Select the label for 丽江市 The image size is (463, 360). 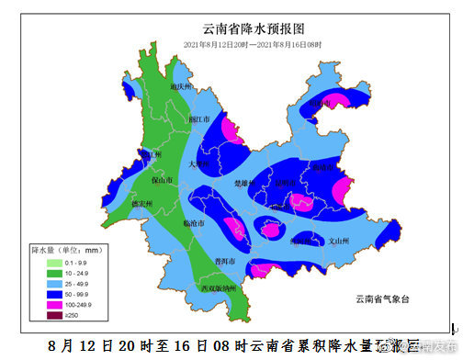click(199, 119)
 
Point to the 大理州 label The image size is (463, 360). click(199, 164)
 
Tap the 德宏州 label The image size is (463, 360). click(140, 203)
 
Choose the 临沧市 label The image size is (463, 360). click(196, 223)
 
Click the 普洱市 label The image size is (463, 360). click(226, 261)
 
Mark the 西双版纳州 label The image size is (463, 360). click(220, 289)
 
